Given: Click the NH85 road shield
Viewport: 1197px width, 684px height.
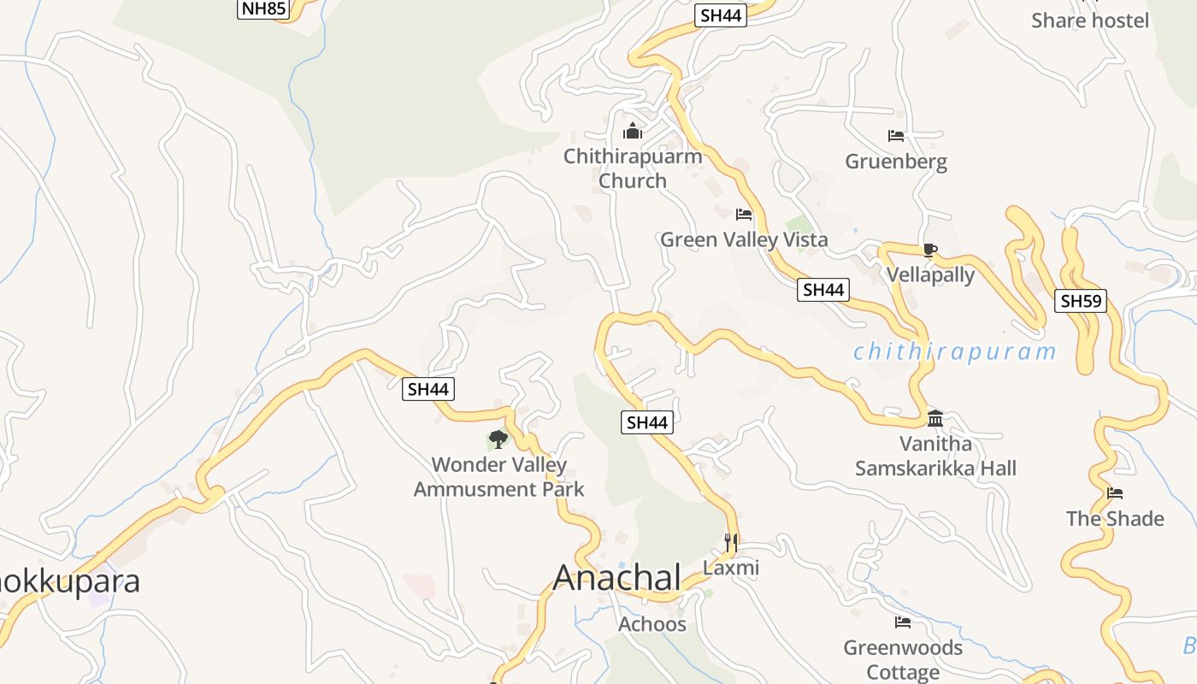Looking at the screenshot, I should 264,9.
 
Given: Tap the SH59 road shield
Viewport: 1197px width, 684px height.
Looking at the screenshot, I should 1081,300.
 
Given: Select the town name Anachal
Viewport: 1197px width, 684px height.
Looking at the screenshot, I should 617,577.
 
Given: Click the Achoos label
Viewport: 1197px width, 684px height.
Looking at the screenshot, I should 652,624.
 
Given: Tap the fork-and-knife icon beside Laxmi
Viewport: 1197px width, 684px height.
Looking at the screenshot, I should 730,542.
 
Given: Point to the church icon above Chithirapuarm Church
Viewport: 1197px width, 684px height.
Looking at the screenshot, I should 633,131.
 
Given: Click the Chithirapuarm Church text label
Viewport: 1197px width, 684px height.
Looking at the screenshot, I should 633,168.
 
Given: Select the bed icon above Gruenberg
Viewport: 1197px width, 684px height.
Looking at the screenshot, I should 896,136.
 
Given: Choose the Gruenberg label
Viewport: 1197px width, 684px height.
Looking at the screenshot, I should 896,162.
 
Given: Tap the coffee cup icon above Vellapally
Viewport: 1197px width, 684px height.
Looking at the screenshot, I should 930,250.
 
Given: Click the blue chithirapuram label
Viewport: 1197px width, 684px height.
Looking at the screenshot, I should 954,351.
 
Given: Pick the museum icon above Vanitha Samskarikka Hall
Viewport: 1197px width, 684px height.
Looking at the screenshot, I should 935,418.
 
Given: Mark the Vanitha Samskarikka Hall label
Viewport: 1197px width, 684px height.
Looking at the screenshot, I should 936,456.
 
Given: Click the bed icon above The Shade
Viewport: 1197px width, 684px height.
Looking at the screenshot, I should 1115,493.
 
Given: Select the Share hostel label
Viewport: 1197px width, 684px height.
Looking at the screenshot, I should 1090,21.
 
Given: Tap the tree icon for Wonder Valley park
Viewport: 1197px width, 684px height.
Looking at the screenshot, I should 498,439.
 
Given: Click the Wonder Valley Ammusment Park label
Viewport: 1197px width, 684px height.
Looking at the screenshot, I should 499,477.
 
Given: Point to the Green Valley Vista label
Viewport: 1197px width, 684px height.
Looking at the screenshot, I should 744,239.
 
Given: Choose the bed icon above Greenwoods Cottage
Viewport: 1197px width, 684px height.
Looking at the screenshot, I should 903,622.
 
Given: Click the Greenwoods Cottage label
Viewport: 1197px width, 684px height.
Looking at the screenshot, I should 903,659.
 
